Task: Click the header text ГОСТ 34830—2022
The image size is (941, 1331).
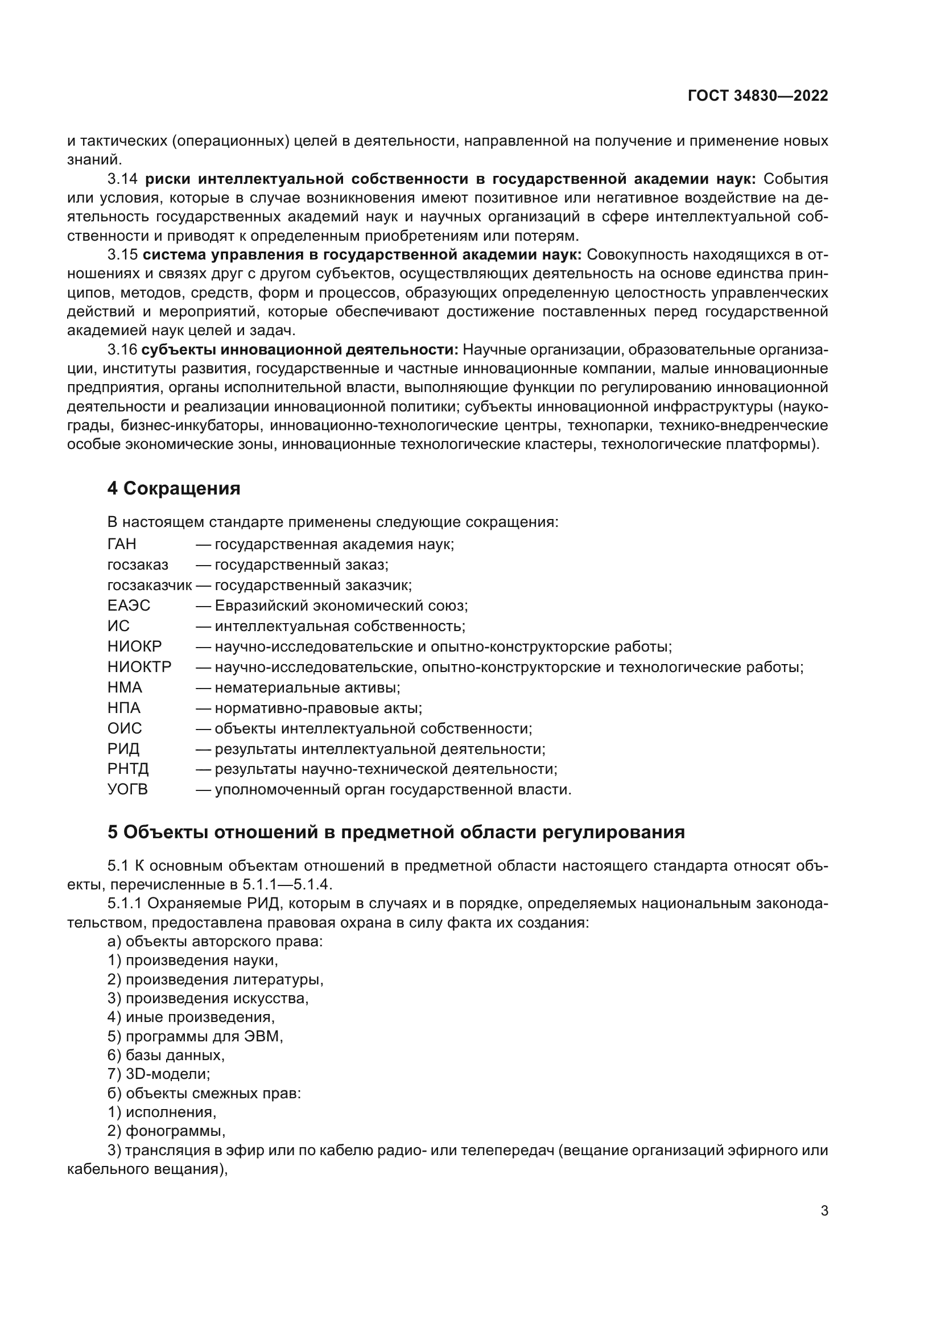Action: click(757, 96)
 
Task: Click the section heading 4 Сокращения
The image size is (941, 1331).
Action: click(174, 489)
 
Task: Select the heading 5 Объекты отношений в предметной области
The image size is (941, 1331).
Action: click(396, 833)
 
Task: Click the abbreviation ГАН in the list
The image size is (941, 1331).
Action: click(122, 545)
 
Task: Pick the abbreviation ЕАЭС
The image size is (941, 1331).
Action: click(129, 606)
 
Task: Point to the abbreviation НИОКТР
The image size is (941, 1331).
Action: click(139, 667)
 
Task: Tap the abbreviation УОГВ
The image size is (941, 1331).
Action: click(127, 790)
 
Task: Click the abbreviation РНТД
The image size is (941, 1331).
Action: click(128, 769)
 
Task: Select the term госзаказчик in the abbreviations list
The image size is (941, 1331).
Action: click(149, 586)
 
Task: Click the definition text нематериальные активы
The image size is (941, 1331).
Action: click(307, 687)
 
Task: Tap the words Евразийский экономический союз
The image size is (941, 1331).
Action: click(341, 606)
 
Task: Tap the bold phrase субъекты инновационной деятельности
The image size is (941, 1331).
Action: click(300, 349)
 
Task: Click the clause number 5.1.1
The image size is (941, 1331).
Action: click(125, 904)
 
